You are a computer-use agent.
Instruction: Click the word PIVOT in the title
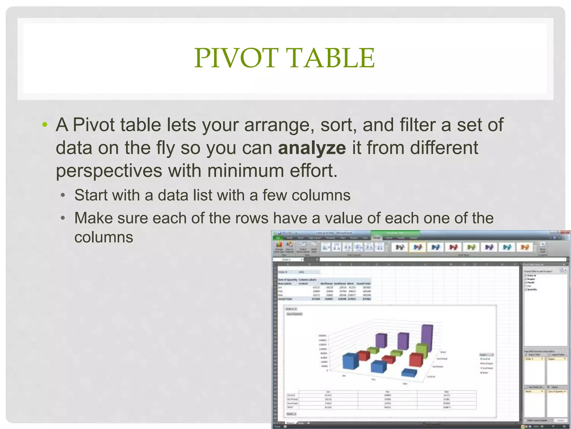click(236, 58)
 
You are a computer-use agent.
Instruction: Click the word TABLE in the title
click(332, 58)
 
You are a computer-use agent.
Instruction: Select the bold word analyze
click(312, 148)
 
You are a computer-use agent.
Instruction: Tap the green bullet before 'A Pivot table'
click(45, 125)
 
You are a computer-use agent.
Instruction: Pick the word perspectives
click(109, 171)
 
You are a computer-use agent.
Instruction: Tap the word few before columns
click(274, 195)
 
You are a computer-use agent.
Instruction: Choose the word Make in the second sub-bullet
click(93, 218)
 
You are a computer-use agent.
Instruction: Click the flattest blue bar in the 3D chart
click(409, 373)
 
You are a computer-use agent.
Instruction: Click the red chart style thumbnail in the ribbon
click(453, 247)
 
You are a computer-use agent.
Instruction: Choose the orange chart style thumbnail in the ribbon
click(524, 247)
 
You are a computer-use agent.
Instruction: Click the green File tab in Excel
click(278, 238)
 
